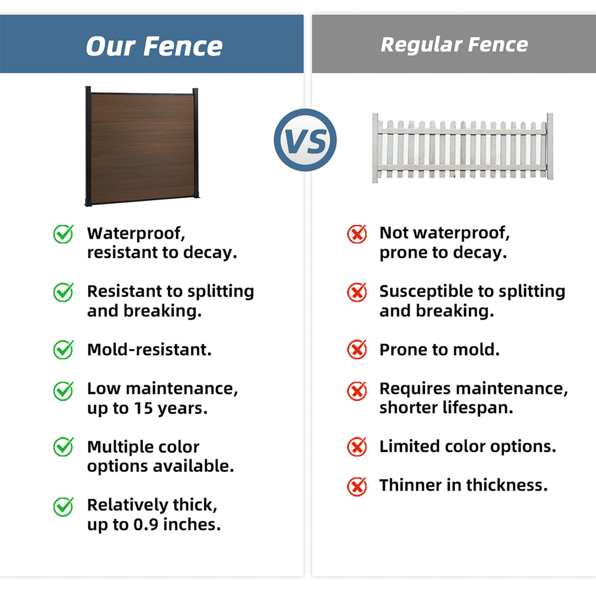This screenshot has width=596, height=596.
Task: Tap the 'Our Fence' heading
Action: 154,46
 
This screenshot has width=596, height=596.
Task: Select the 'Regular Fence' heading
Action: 454,45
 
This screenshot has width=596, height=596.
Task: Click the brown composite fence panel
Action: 142,147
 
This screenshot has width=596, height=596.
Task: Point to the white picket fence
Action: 462,147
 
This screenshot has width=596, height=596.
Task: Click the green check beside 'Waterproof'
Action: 63,234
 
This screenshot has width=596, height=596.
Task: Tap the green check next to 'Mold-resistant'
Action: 63,349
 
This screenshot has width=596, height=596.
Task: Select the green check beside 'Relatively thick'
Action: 63,506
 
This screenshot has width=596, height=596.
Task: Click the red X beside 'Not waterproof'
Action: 357,234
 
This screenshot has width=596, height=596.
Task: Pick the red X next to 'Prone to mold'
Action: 357,349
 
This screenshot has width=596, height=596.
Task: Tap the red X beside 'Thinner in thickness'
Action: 357,486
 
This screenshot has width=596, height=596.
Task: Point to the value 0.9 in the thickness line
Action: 146,524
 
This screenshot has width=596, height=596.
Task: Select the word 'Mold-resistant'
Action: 149,350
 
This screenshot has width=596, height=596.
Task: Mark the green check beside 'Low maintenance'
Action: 63,391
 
